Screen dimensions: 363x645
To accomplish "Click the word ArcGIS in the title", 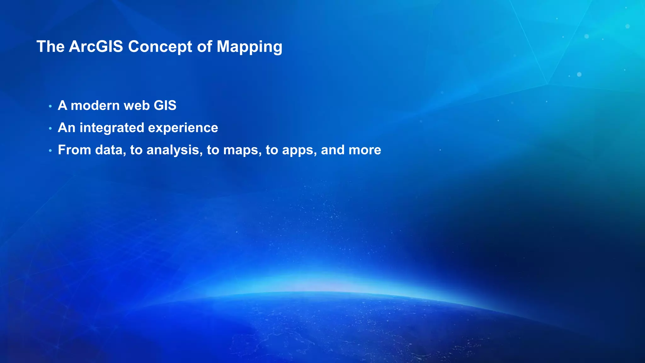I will pos(96,47).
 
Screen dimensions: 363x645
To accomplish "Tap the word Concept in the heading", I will pos(160,47).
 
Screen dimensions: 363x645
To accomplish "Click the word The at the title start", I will pos(50,47).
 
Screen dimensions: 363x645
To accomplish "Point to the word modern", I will pos(94,106).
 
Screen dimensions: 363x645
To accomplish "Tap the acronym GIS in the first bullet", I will pos(165,106).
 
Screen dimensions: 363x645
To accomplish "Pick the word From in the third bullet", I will pos(75,150).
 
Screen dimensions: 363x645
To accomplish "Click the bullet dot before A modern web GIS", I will pos(50,107).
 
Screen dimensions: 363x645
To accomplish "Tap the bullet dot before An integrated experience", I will pos(50,129).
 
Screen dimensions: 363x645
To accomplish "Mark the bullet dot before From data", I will pos(50,151).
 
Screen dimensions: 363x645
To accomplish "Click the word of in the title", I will pos(204,47).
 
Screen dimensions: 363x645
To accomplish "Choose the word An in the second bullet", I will pos(66,128).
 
